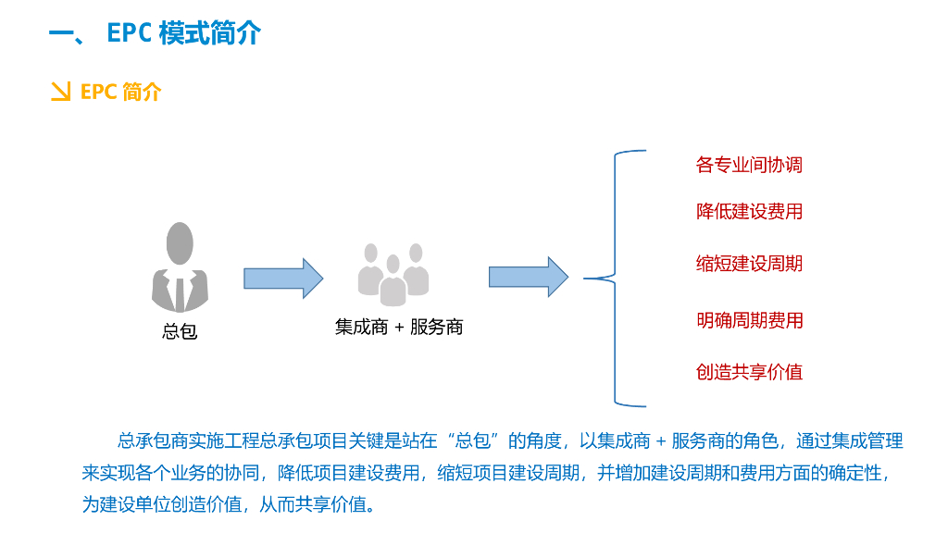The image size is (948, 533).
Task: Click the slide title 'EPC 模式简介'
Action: [156, 33]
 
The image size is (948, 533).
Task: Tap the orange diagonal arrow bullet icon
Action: [60, 92]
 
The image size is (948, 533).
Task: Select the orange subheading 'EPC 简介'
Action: [121, 92]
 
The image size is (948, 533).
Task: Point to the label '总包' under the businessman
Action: [180, 330]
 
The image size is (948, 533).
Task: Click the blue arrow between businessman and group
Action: [283, 278]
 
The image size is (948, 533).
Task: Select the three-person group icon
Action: [393, 274]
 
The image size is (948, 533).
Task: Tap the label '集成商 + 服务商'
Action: [399, 327]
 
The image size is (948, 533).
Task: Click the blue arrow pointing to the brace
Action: [529, 277]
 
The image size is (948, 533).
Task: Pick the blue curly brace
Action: [616, 278]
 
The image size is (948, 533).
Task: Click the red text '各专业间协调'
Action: [749, 166]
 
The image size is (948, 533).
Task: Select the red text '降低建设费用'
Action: [749, 212]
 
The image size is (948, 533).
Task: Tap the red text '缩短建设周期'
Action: [749, 264]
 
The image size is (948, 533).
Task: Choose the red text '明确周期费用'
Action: [749, 321]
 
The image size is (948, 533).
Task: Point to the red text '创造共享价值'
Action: [749, 372]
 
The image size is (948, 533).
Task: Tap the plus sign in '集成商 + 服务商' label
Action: [399, 327]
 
